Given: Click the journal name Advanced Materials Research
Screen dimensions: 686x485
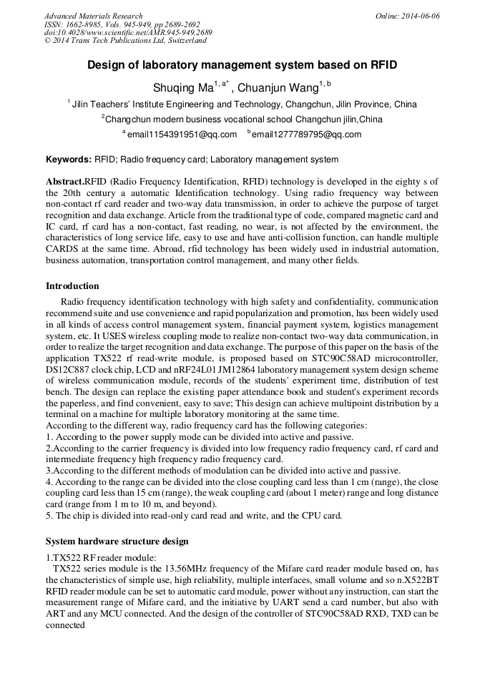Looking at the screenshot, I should coord(93,16).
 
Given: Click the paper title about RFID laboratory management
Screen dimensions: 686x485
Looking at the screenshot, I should coord(242,65).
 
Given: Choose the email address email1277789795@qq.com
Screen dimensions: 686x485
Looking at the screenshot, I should coord(305,134).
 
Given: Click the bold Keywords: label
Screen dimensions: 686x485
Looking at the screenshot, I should coord(68,160).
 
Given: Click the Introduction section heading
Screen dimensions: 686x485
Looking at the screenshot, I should coord(72,286).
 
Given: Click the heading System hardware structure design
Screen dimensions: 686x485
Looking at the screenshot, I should coord(117,542).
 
